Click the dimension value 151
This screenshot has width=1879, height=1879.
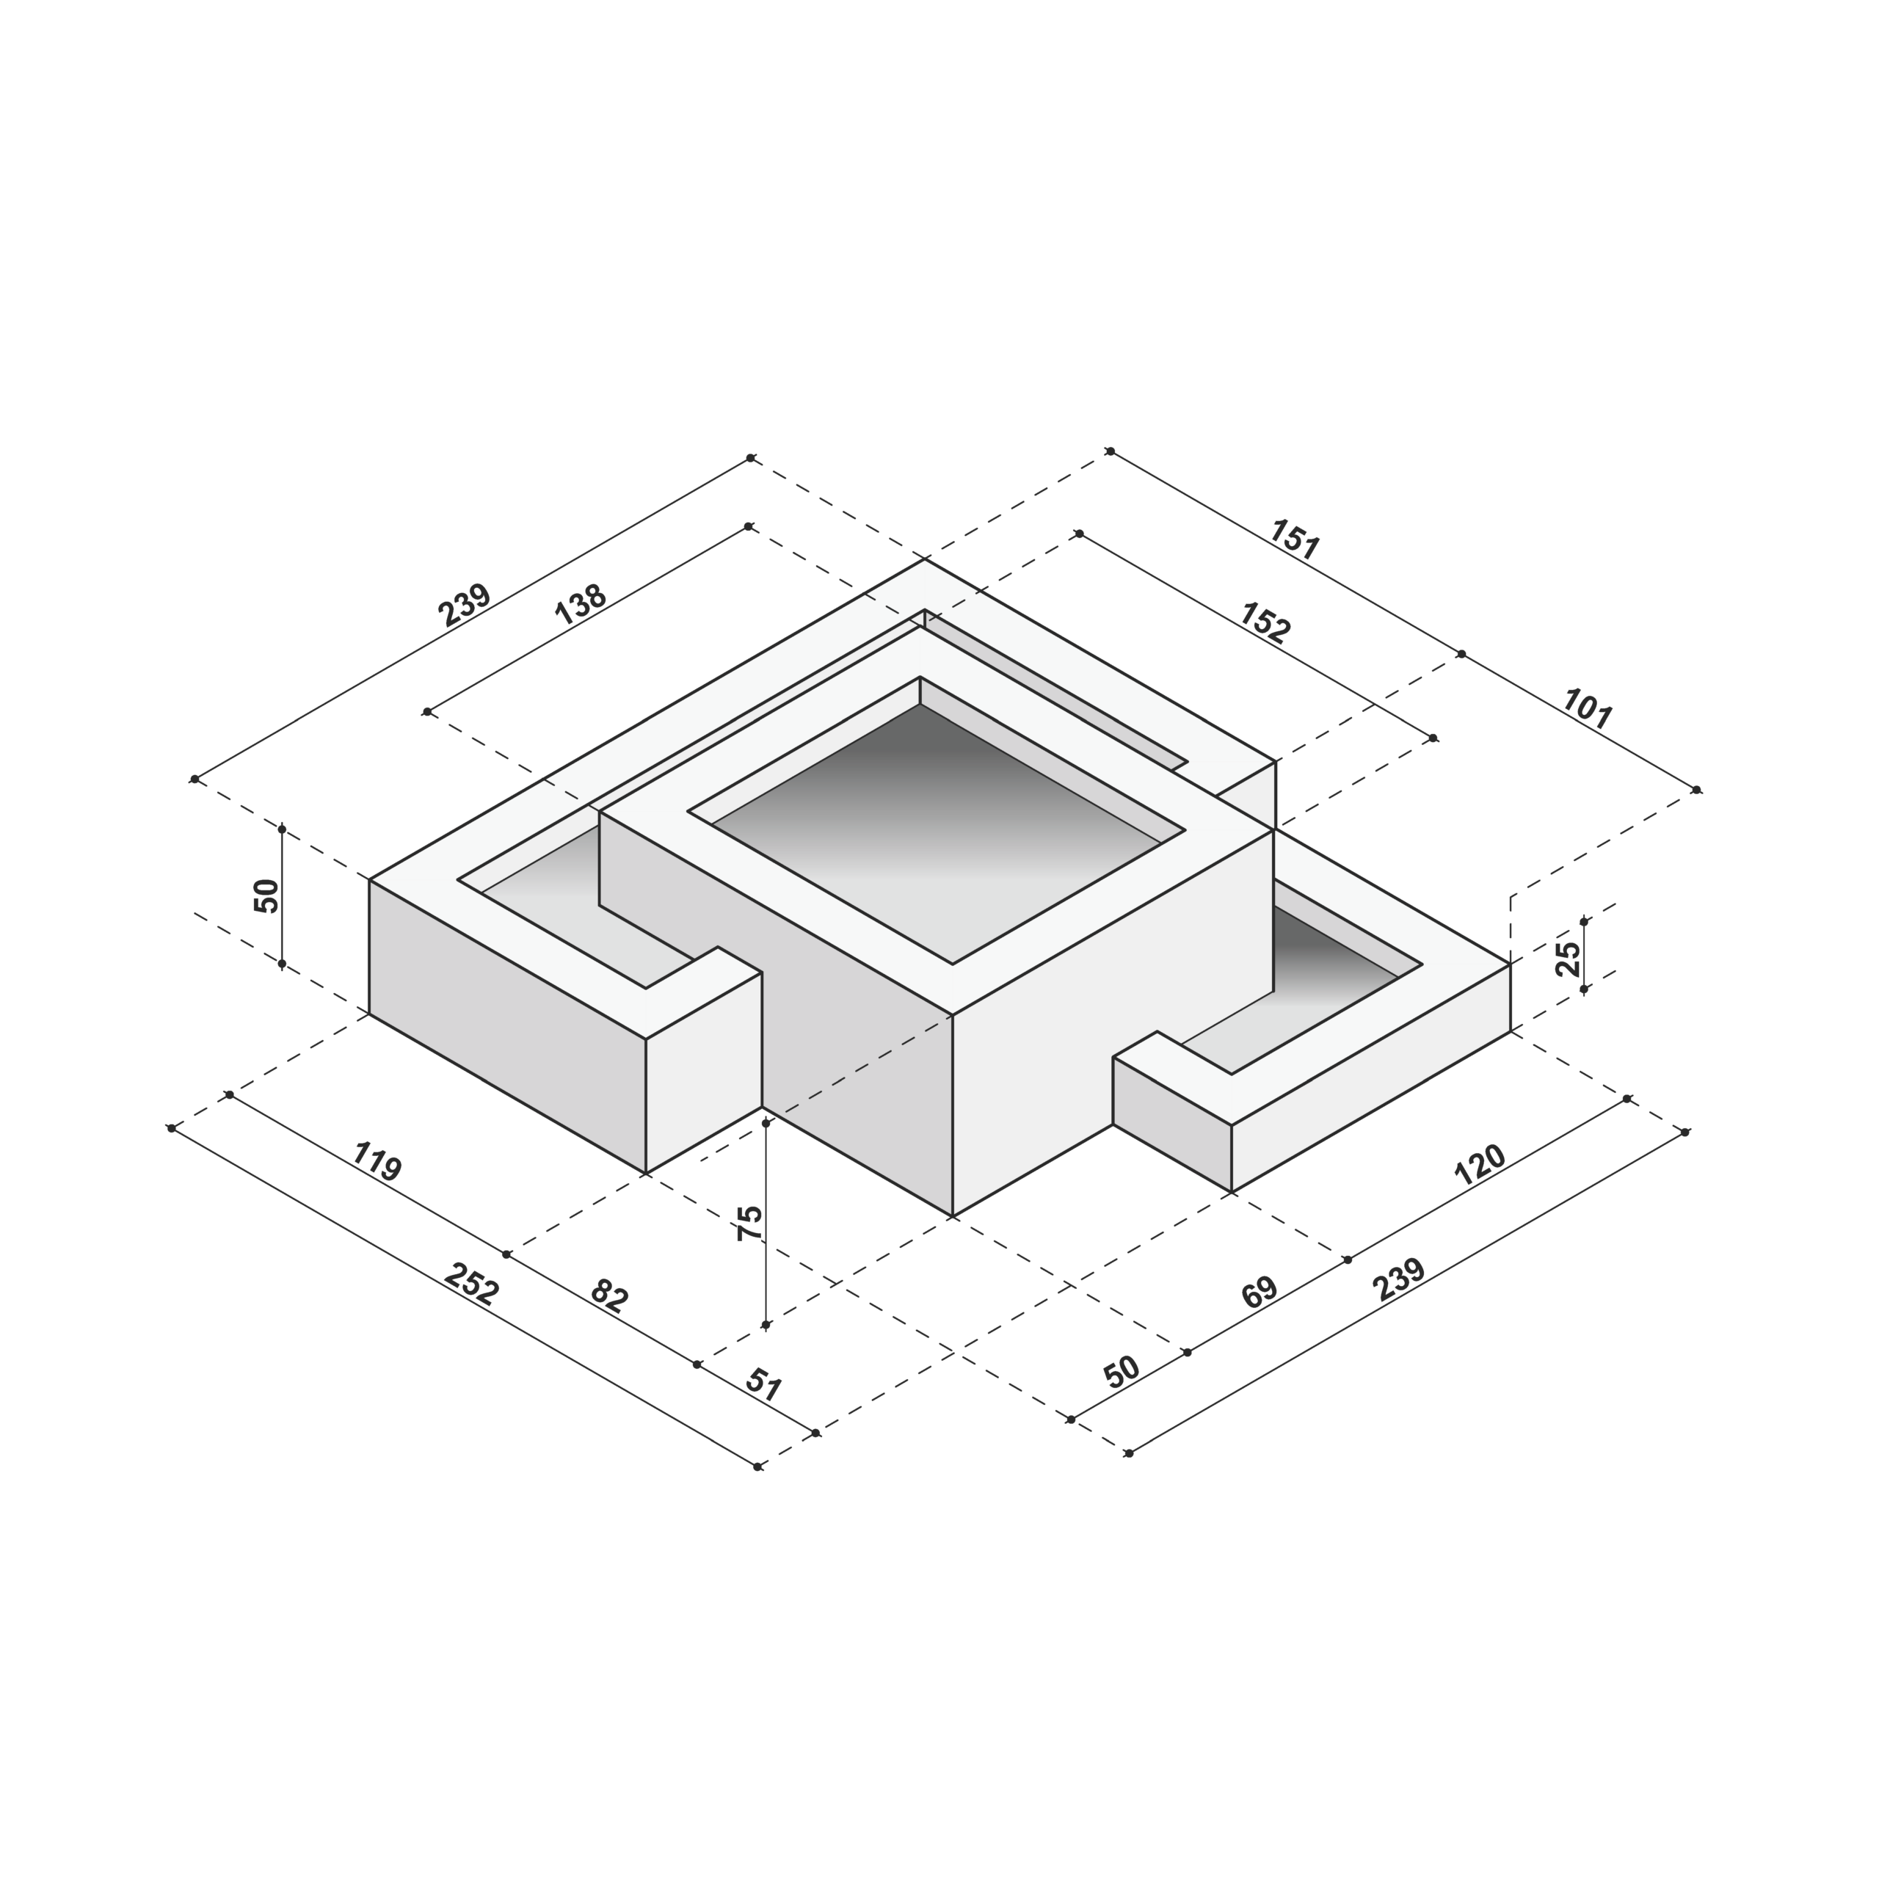coord(1295,541)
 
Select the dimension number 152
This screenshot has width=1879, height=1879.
coord(1265,623)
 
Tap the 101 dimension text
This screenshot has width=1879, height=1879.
coord(1587,709)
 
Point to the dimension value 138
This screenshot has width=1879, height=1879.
coord(581,604)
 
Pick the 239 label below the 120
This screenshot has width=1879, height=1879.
coord(1400,1281)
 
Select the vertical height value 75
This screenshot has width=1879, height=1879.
coord(750,1223)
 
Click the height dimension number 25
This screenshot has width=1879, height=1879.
coord(1568,959)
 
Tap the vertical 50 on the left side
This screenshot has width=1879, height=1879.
coord(266,895)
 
